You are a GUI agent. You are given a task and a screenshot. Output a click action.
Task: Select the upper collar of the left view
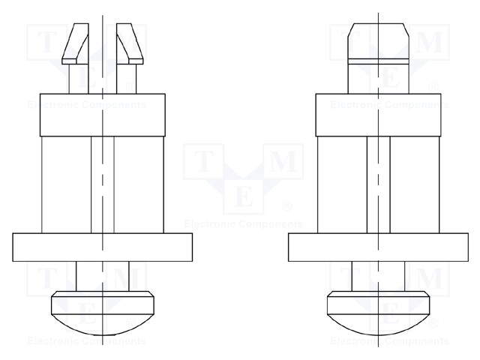point(102,115)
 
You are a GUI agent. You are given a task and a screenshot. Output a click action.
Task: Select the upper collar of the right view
point(379,115)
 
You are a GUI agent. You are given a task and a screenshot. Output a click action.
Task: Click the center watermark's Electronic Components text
point(243,223)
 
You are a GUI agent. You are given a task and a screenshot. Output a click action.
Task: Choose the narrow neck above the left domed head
point(102,277)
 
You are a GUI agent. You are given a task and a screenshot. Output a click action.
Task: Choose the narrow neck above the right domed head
point(379,277)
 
